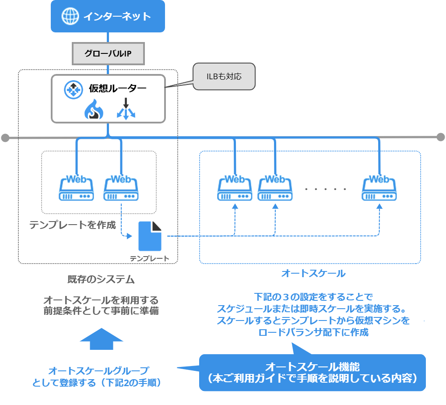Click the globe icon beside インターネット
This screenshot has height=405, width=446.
69,16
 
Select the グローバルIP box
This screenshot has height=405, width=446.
108,54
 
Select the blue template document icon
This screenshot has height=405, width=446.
150,236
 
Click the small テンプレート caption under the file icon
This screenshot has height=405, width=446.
149,258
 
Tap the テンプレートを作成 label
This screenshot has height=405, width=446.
73,225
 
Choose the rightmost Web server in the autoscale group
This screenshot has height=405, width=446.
379,187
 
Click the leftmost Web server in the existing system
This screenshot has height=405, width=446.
77,187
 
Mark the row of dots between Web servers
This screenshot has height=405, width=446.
326,189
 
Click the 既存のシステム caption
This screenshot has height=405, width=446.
100,279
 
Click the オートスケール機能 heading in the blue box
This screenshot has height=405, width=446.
313,366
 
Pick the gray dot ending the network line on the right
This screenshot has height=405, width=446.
441,137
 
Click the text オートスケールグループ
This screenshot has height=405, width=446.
98,370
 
